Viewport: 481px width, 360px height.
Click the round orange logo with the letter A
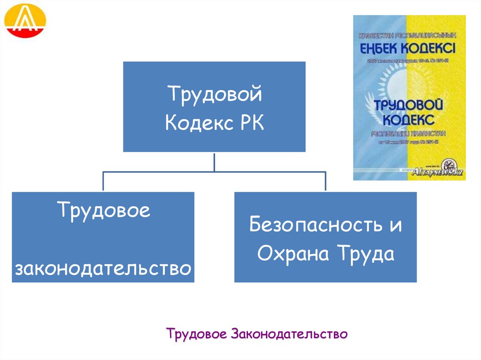[25, 21]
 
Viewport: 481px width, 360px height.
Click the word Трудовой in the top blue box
[214, 94]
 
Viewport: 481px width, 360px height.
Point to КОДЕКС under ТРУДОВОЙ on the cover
[409, 118]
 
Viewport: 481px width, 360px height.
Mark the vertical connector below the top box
[214, 162]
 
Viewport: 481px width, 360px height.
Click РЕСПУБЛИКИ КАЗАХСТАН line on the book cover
[409, 133]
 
